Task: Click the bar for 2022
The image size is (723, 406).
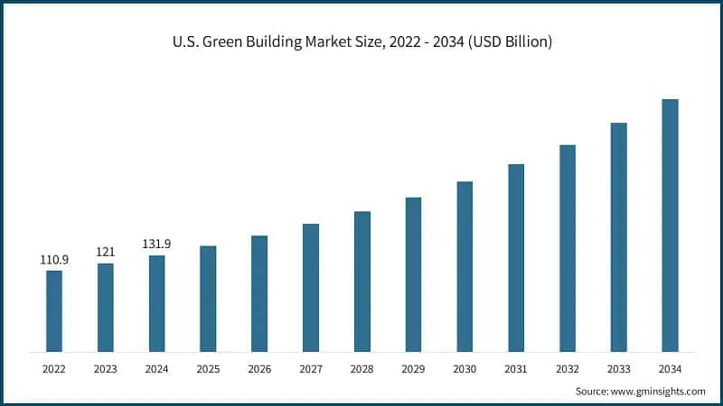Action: pyautogui.click(x=54, y=310)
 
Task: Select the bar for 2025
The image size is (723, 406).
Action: pyautogui.click(x=208, y=298)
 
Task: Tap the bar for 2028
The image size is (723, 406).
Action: pyautogui.click(x=361, y=281)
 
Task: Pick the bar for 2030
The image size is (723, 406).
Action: pyautogui.click(x=465, y=266)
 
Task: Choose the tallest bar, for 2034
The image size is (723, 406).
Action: pyautogui.click(x=670, y=226)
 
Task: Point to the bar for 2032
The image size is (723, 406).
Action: pyautogui.click(x=568, y=248)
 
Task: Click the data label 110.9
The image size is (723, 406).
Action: pyautogui.click(x=54, y=260)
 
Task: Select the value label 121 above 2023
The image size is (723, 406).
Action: pyautogui.click(x=106, y=252)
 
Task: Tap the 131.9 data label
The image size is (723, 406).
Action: pyautogui.click(x=156, y=244)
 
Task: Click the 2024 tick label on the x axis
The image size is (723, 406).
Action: pyautogui.click(x=156, y=368)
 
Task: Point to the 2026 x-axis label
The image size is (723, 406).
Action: pyautogui.click(x=259, y=368)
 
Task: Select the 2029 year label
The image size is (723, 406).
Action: pyautogui.click(x=413, y=368)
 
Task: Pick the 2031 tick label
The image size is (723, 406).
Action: pyautogui.click(x=516, y=368)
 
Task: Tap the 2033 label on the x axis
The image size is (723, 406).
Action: pyautogui.click(x=618, y=368)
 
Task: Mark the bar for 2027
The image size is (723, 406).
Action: pyautogui.click(x=311, y=288)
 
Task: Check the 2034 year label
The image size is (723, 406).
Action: pyautogui.click(x=670, y=368)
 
